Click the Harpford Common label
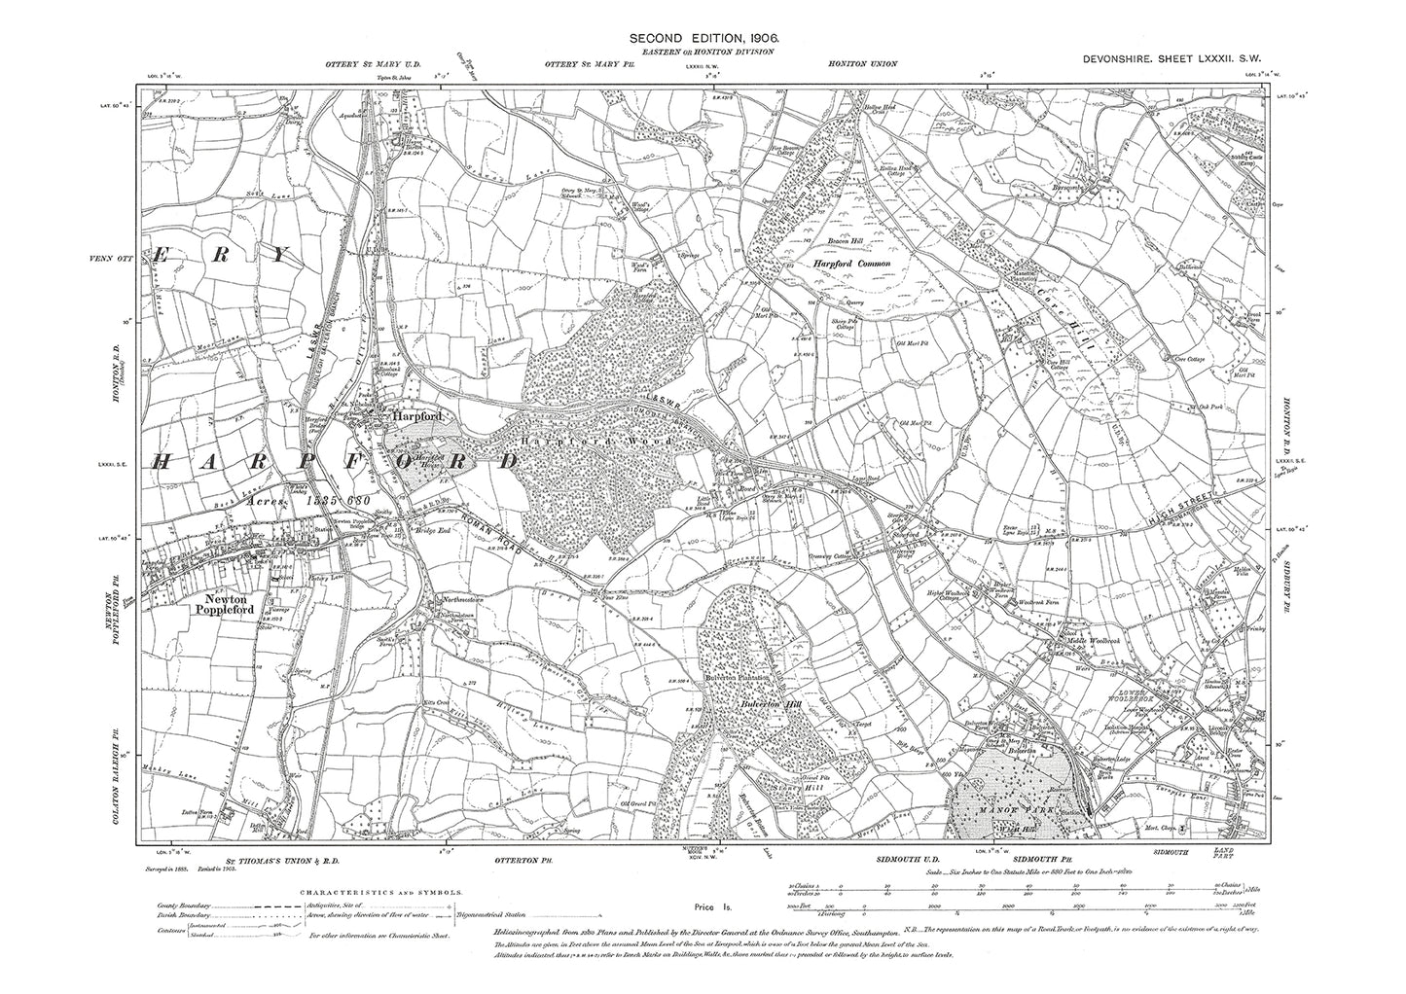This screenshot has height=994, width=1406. (x=853, y=263)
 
